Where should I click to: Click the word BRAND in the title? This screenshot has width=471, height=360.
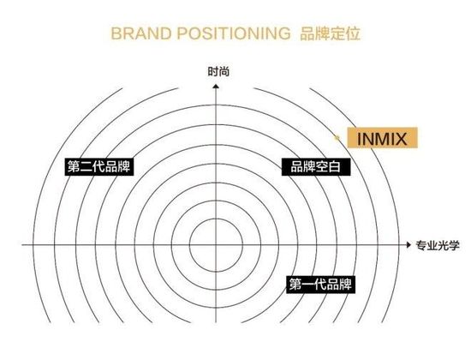(141, 33)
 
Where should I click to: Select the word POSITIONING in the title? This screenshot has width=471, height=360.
(234, 33)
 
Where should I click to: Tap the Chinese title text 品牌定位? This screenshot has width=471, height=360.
(330, 33)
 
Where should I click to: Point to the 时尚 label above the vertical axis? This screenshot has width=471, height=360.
(218, 72)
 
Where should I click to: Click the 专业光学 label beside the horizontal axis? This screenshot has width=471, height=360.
(438, 245)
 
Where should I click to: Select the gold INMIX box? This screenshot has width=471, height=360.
(383, 138)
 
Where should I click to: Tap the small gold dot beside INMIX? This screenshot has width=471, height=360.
(337, 138)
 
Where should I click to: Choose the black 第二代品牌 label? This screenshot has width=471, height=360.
(99, 166)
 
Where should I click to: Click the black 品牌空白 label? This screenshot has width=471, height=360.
(316, 166)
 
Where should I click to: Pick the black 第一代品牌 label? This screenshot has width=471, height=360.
(320, 285)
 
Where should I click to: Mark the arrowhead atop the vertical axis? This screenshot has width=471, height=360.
(216, 87)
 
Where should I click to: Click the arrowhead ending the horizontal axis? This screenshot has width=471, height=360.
(408, 245)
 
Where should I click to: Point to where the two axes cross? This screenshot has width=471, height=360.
(216, 245)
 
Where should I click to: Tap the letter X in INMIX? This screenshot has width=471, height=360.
(400, 139)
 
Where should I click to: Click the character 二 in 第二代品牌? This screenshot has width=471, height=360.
(86, 166)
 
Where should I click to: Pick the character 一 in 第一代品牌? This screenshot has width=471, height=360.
(308, 285)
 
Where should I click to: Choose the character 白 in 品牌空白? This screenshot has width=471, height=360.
(334, 166)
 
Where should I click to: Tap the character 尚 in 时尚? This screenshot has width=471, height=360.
(224, 72)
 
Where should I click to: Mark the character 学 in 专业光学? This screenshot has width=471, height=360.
(454, 245)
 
